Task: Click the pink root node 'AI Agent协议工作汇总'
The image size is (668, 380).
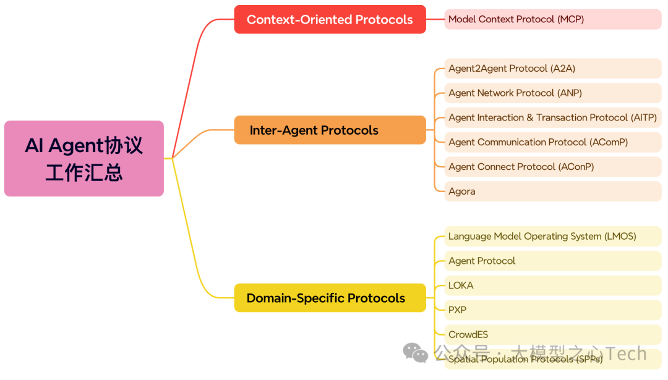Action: [84, 158]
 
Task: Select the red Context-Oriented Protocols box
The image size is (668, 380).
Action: [330, 19]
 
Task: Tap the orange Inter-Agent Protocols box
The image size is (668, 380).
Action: [330, 130]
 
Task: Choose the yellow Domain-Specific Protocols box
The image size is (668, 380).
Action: [330, 298]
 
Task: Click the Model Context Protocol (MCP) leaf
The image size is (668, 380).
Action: [552, 19]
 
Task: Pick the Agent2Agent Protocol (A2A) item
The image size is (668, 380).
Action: [552, 69]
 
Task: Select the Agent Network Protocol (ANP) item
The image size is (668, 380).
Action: [552, 93]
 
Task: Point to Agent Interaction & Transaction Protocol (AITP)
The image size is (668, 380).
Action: [552, 117]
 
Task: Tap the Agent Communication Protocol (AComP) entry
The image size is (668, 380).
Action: [552, 142]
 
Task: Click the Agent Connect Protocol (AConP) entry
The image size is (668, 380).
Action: [552, 167]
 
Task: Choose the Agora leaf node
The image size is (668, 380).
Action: [552, 191]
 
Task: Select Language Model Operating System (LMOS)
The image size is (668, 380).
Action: [552, 236]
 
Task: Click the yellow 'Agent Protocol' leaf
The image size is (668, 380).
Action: [552, 261]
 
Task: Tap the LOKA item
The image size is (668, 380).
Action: [552, 285]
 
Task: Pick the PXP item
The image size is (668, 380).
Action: [552, 310]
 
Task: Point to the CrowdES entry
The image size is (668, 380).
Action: [552, 334]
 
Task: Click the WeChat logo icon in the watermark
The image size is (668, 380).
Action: [415, 353]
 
